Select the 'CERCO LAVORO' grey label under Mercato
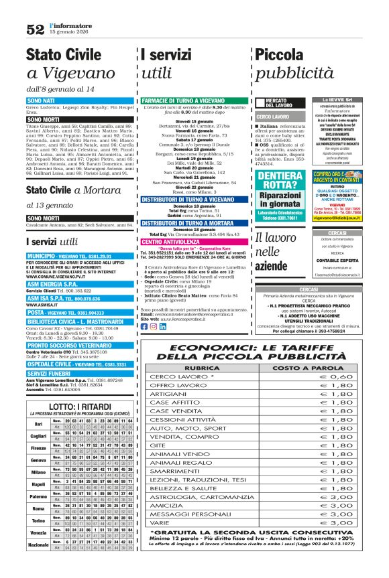click(x=272, y=117)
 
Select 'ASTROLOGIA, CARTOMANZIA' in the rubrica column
click(x=199, y=497)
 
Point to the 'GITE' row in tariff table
click(x=158, y=445)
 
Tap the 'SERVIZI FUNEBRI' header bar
click(x=53, y=373)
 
